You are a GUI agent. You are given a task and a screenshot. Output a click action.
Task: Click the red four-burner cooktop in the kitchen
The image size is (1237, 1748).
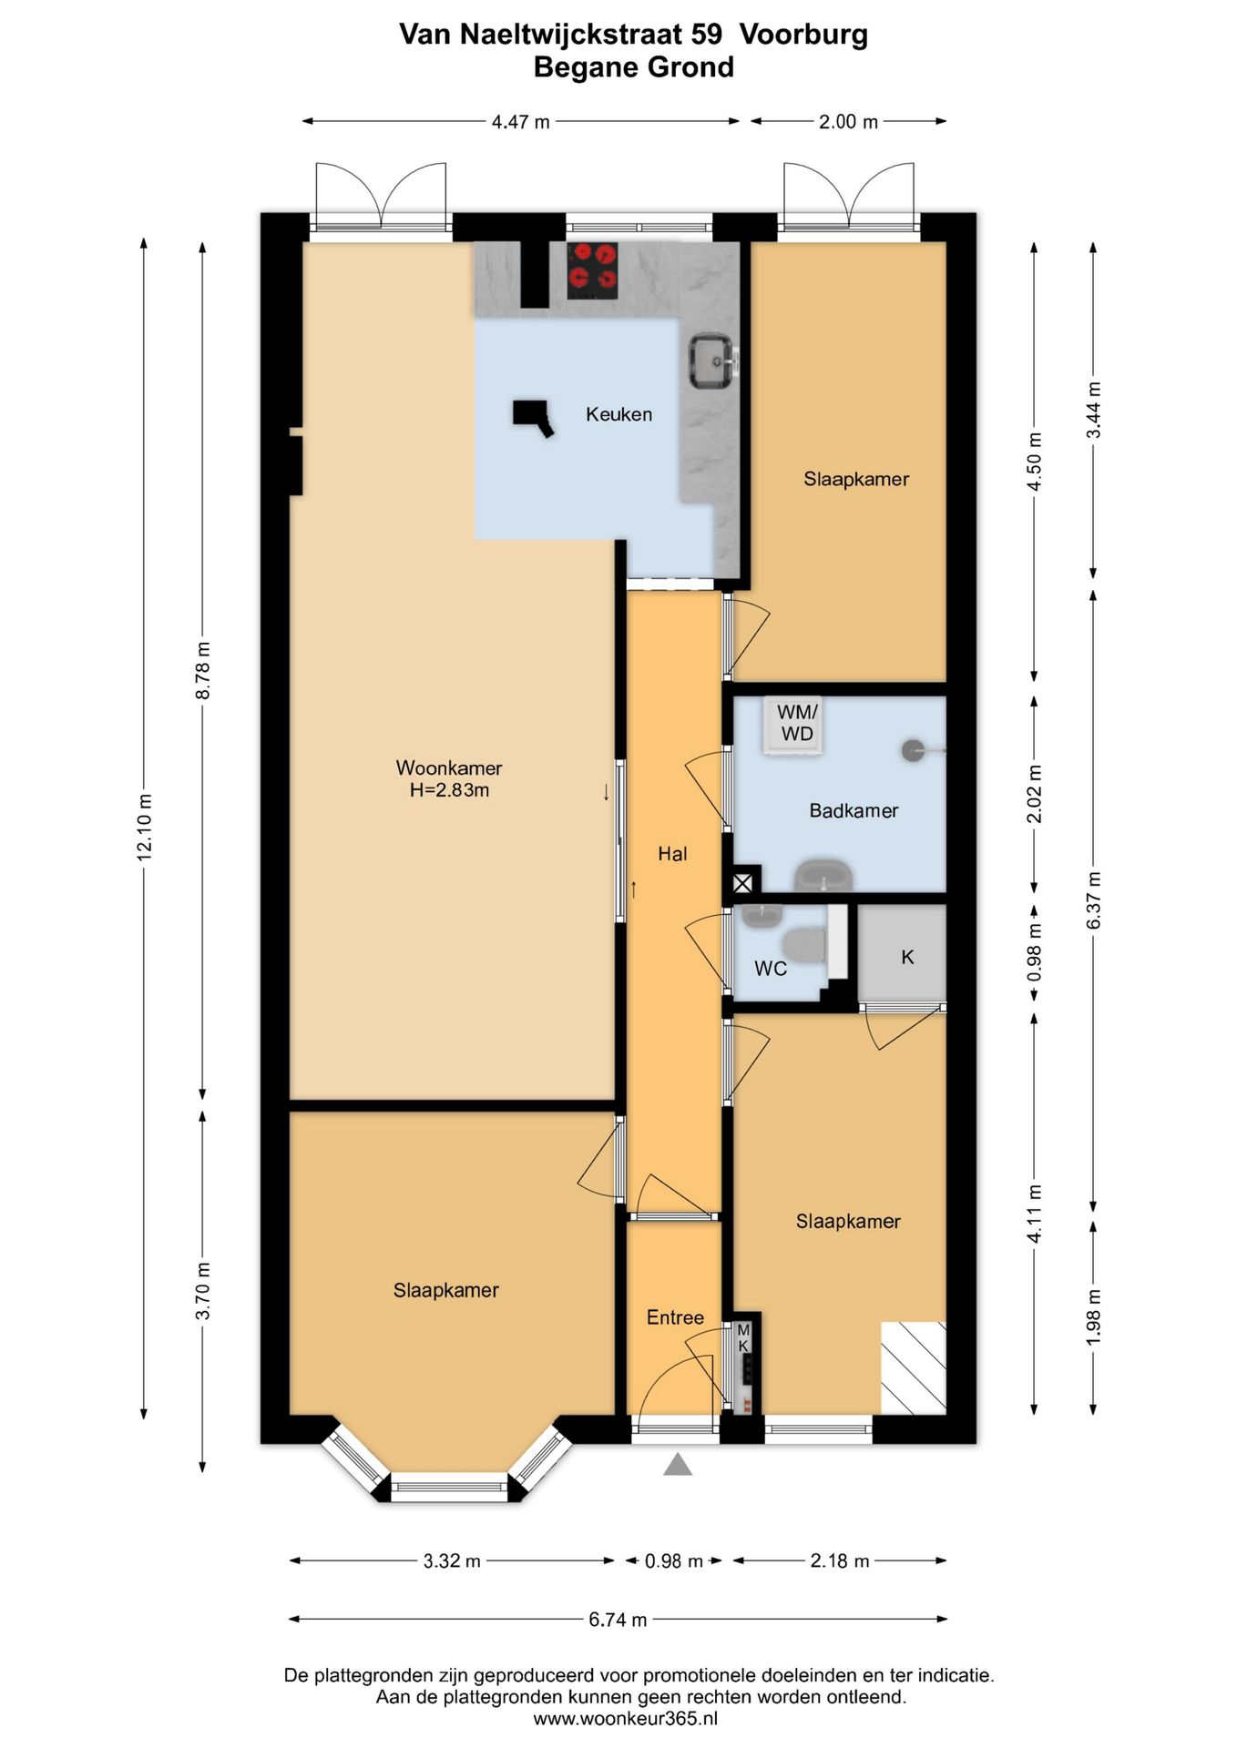pyautogui.click(x=592, y=270)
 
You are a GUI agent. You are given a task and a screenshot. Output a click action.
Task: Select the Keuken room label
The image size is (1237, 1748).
pyautogui.click(x=618, y=414)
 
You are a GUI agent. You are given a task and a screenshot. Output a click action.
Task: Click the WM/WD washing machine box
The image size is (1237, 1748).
pyautogui.click(x=795, y=725)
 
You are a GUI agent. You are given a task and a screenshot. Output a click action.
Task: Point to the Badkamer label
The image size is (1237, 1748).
pyautogui.click(x=854, y=810)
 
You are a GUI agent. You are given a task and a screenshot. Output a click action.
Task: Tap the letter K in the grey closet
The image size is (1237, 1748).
pyautogui.click(x=907, y=957)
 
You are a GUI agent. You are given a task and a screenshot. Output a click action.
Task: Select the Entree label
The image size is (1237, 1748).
pyautogui.click(x=675, y=1317)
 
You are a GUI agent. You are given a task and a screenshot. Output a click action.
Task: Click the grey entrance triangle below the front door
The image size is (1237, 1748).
pyautogui.click(x=677, y=1464)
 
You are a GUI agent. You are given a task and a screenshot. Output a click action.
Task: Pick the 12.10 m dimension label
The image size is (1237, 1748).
pyautogui.click(x=144, y=827)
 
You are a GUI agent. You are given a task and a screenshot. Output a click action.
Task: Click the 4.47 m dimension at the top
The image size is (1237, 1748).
pyautogui.click(x=521, y=121)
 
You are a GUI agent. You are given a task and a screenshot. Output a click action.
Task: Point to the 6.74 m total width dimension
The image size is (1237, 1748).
pyautogui.click(x=618, y=1619)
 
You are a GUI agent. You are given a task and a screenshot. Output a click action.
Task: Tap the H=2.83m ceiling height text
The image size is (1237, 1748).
pyautogui.click(x=449, y=790)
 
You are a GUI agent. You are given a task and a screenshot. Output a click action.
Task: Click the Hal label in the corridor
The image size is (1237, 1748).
pyautogui.click(x=672, y=854)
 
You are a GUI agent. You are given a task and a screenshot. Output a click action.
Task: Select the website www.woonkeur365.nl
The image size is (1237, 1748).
pyautogui.click(x=625, y=1719)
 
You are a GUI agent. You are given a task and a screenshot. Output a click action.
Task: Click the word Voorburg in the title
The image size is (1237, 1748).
pyautogui.click(x=803, y=35)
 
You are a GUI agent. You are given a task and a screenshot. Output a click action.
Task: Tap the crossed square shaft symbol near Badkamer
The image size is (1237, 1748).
pyautogui.click(x=743, y=883)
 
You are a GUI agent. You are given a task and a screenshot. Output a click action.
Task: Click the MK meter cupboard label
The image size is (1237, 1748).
pyautogui.click(x=743, y=1338)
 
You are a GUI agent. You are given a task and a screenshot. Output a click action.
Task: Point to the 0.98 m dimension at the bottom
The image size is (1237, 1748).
pyautogui.click(x=674, y=1561)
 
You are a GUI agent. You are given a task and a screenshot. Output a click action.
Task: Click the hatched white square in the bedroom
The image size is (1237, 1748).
pyautogui.click(x=913, y=1367)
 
